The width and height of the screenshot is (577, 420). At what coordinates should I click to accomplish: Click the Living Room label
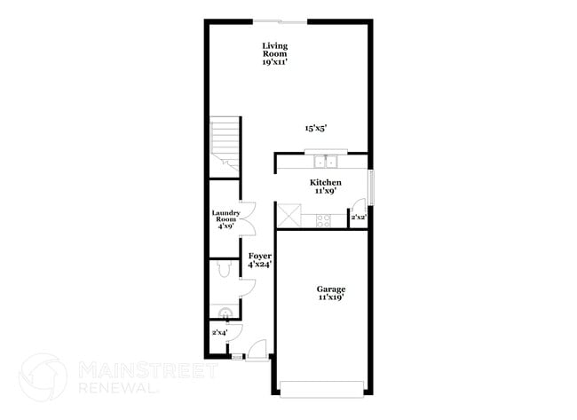click(x=275, y=53)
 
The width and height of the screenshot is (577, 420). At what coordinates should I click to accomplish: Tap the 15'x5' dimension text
click(x=316, y=128)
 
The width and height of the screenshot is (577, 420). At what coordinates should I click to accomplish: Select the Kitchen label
click(x=326, y=186)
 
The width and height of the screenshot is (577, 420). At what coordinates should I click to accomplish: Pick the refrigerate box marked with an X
click(x=288, y=215)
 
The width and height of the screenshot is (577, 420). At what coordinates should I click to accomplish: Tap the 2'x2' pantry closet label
click(x=360, y=218)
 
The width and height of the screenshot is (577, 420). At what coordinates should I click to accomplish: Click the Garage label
click(x=331, y=293)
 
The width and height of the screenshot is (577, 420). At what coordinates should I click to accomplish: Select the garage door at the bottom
click(x=322, y=386)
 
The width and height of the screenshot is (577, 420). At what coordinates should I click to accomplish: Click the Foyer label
click(x=259, y=259)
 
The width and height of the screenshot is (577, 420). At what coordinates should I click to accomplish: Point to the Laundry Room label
click(x=225, y=218)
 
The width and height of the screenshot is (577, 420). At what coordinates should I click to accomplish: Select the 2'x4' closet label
click(x=218, y=332)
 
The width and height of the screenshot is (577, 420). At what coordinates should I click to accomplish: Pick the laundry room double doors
click(x=249, y=218)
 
